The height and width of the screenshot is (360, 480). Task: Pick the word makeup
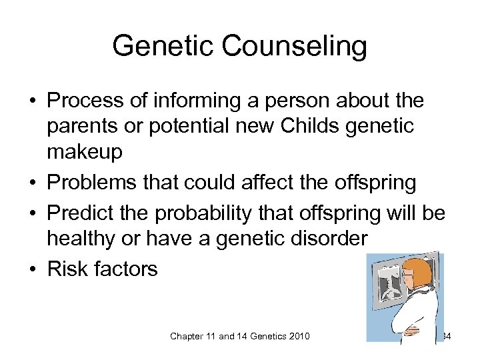coord(85,153)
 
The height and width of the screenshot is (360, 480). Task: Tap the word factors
coord(128,269)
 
